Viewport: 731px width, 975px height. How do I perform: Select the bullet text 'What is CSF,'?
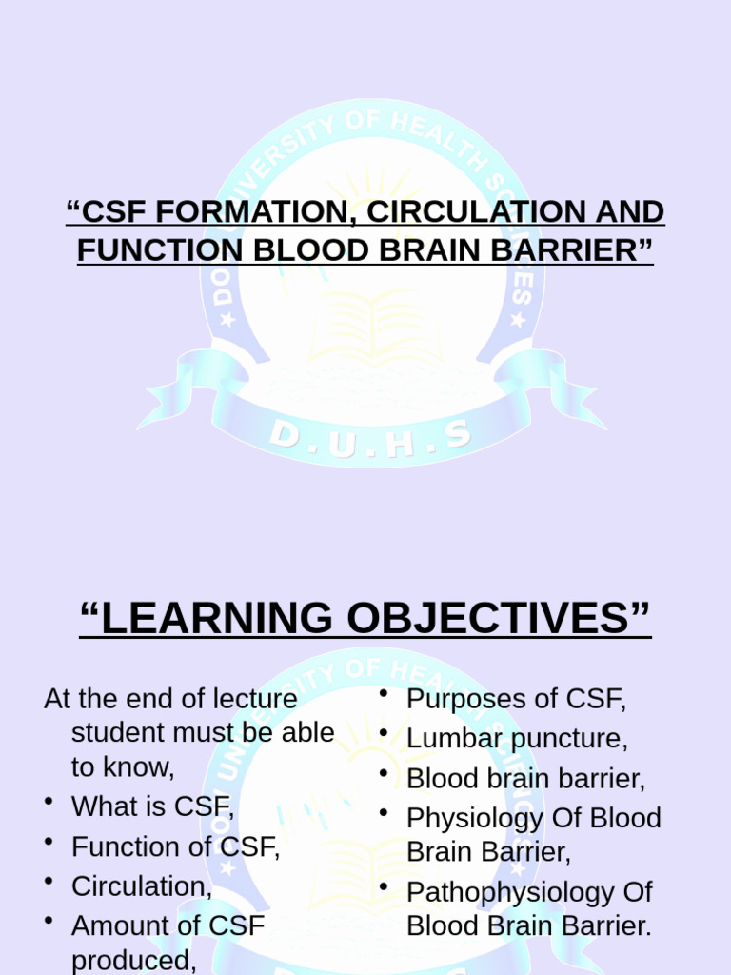click(152, 806)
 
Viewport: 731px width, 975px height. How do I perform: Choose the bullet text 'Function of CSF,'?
click(175, 846)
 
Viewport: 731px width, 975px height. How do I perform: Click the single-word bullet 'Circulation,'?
click(142, 886)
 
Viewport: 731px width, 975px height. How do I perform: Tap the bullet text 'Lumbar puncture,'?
click(517, 739)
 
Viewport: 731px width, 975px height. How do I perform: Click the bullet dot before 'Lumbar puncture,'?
click(384, 734)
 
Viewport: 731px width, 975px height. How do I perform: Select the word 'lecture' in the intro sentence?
click(252, 699)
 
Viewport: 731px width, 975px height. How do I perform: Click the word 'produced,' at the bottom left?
click(133, 961)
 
